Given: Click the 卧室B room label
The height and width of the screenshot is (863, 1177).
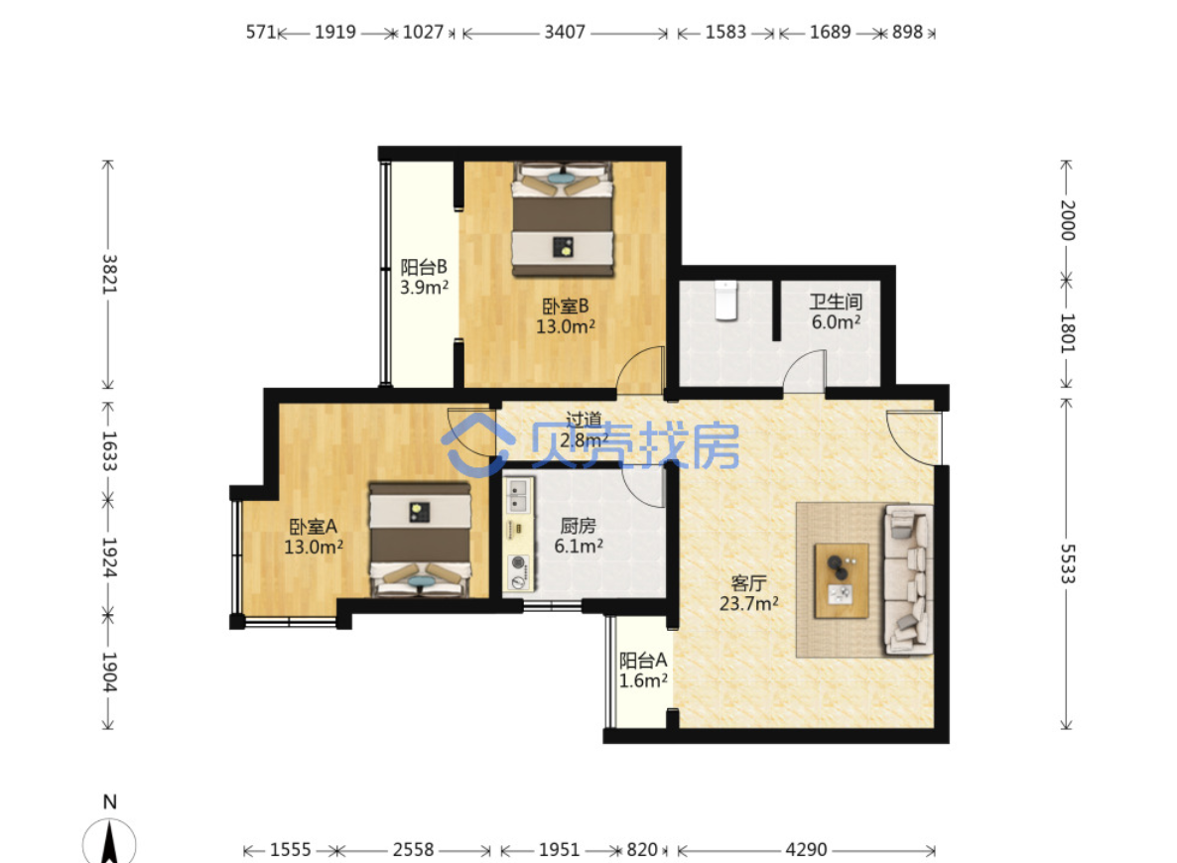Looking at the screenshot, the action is click(566, 307).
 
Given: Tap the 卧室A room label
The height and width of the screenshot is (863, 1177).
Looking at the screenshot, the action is click(313, 527).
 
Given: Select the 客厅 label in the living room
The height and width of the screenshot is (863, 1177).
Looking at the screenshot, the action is click(748, 583).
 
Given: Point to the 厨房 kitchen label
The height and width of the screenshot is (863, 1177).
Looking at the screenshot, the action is click(578, 526).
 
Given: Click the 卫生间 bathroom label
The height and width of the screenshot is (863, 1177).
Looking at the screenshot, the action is click(836, 302).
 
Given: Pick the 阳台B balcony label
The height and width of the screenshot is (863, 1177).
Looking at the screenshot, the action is click(424, 267).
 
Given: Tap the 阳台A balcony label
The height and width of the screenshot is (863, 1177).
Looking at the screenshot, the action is click(642, 661).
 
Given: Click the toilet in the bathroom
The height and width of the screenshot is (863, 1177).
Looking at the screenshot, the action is click(725, 301).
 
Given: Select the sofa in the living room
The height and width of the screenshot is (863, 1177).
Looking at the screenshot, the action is click(907, 578).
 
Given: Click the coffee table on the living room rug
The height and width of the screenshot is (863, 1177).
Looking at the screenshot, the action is click(842, 581).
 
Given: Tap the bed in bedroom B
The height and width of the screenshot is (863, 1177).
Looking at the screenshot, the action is click(563, 219).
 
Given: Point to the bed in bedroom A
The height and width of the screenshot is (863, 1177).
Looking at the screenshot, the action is click(421, 540).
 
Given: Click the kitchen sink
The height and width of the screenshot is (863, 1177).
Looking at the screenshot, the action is click(517, 495).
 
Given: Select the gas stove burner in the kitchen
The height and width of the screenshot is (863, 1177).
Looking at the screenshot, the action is click(517, 562).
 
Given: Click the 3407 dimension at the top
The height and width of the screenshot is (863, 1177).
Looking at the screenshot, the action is click(565, 33).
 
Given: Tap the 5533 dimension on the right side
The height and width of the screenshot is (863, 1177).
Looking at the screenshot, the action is click(1067, 563).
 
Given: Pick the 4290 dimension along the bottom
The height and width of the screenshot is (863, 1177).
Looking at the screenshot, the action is click(806, 849).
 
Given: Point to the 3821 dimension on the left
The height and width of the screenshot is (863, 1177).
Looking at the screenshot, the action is click(109, 274).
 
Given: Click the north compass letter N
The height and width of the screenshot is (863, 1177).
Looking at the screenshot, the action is click(109, 801).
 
